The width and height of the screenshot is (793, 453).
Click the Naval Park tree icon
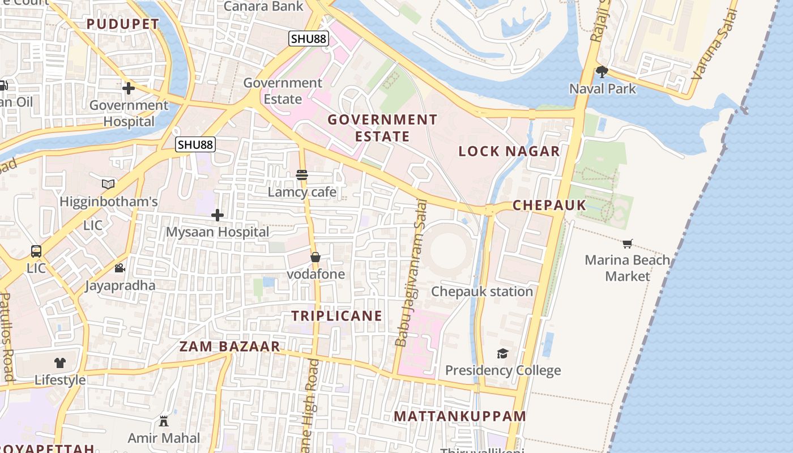[x=602, y=72]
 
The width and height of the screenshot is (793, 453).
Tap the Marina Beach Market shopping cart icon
[x=627, y=244]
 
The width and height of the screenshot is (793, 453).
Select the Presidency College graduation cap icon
[x=502, y=354]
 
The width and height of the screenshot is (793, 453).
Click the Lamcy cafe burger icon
[x=302, y=175]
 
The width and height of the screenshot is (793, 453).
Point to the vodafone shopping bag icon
[x=316, y=257]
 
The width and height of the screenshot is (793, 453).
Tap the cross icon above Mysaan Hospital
[x=218, y=215]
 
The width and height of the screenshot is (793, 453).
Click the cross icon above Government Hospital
[x=129, y=88]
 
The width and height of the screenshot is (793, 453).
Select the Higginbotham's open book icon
[x=108, y=184]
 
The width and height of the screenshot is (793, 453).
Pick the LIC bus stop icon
[x=36, y=251]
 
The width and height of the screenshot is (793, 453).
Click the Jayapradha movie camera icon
[x=120, y=268]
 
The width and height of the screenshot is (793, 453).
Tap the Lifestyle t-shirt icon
[x=60, y=363]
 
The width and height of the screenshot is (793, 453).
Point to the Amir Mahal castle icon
[x=164, y=421]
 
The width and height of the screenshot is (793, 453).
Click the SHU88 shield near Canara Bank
[x=308, y=39]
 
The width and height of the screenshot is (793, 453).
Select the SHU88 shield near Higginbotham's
[x=195, y=144]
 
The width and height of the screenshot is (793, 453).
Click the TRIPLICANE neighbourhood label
[x=337, y=316]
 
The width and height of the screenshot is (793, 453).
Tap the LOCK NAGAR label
[x=509, y=151]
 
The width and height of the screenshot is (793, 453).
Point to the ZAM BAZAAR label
[x=229, y=347]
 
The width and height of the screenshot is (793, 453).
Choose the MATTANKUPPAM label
[x=460, y=416]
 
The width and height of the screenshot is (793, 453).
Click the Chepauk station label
[x=482, y=292]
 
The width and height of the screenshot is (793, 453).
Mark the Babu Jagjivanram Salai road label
[x=411, y=273]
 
